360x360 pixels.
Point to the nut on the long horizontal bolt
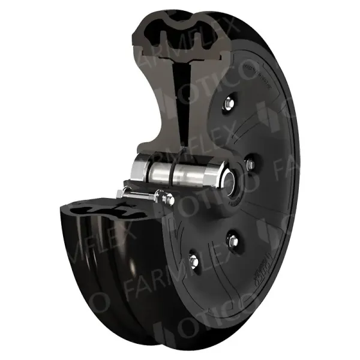pos(161,195)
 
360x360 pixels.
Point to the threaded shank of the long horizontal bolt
pos(144,194)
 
